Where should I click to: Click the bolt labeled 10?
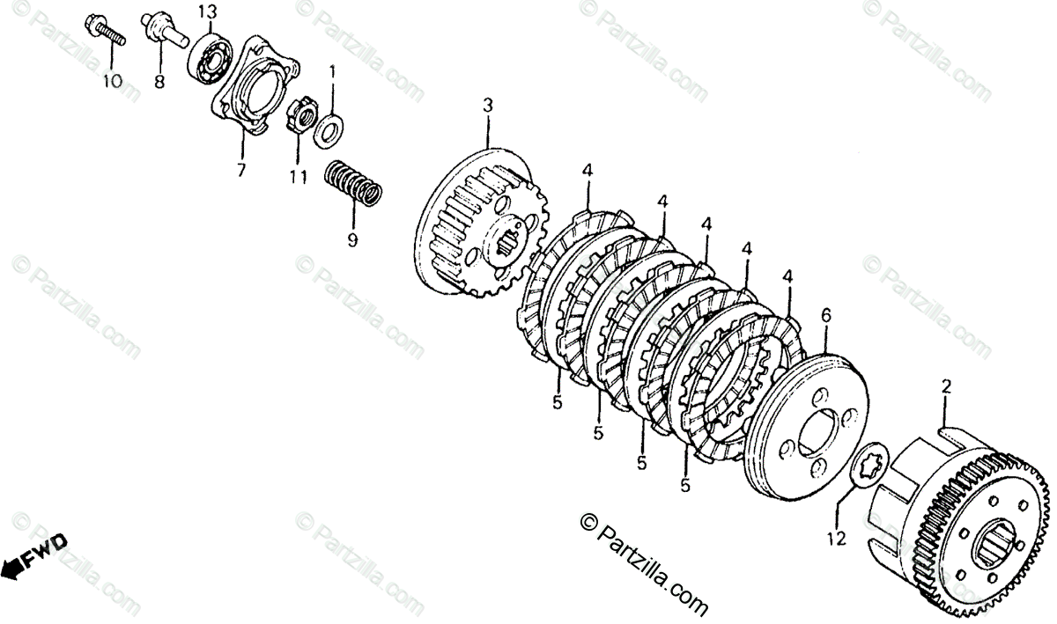tap(105, 30)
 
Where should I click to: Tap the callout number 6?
tap(825, 316)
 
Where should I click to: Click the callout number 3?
tap(487, 106)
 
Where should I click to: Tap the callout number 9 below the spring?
tap(352, 240)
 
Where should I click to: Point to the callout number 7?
tap(240, 168)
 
